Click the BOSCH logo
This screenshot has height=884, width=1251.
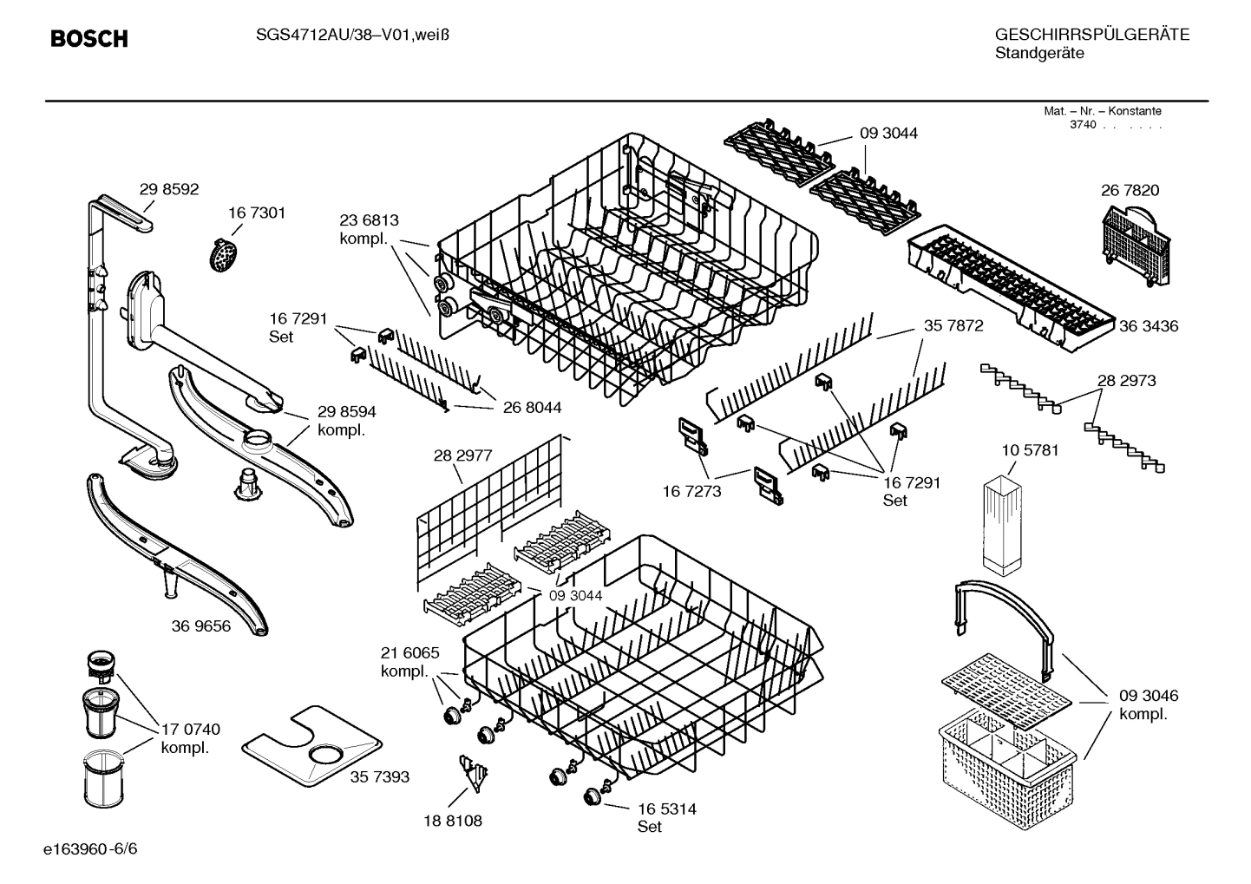point(89,38)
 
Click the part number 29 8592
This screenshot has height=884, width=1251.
point(169,188)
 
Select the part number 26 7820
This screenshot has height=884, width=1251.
point(1130,190)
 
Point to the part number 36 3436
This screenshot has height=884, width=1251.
point(1148,326)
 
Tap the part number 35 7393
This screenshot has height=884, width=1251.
point(379,776)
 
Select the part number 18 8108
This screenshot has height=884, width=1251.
point(453,820)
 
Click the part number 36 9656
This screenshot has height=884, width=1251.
point(201,625)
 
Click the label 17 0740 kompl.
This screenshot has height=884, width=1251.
point(190,738)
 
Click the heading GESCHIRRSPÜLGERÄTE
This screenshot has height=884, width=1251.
point(1091,35)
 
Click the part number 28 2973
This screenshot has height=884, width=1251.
point(1126,380)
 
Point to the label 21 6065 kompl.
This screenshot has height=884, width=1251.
point(409,662)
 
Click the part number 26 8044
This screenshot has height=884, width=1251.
point(532,407)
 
